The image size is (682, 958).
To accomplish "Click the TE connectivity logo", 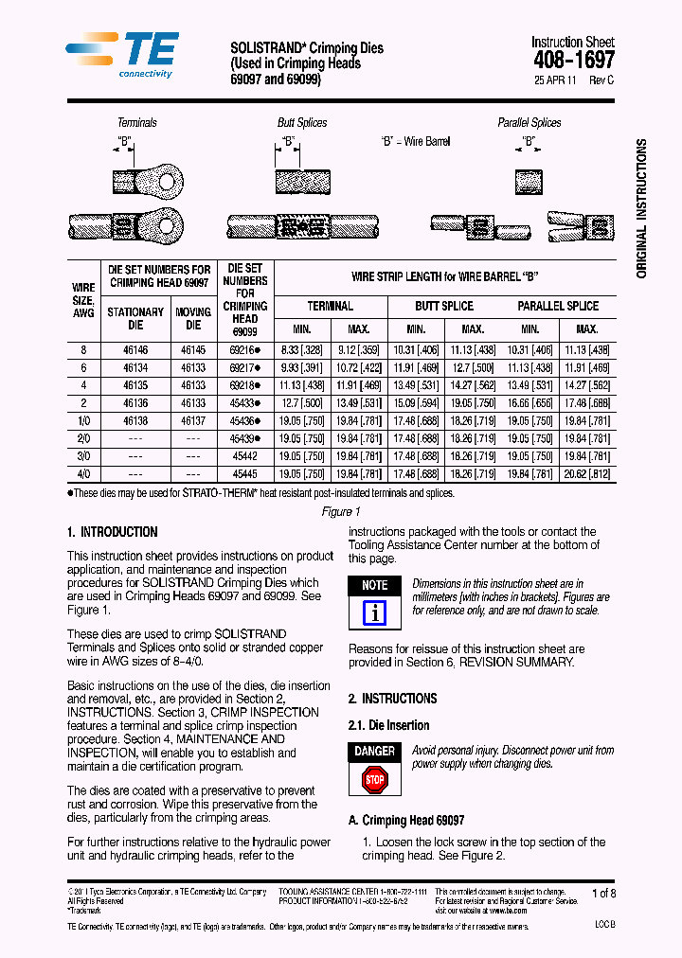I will pyautogui.click(x=120, y=55).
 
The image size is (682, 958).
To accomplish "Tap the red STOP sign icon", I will pyautogui.click(x=375, y=779).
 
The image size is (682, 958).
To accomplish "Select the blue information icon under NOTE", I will pyautogui.click(x=375, y=612).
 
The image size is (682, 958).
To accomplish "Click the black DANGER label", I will pyautogui.click(x=375, y=752).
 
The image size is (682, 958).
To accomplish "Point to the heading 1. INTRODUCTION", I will pyautogui.click(x=113, y=532).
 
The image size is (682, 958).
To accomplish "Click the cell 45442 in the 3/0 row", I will pyautogui.click(x=244, y=455).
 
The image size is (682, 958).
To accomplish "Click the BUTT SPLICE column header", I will pyautogui.click(x=444, y=307).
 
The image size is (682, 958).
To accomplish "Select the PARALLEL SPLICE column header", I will pyautogui.click(x=558, y=307).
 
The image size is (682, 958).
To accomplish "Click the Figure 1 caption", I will pyautogui.click(x=341, y=511).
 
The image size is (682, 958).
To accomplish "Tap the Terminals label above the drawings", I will pyautogui.click(x=137, y=123).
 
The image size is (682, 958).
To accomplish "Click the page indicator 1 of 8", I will pyautogui.click(x=603, y=893).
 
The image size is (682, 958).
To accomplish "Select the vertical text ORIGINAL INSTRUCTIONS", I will pyautogui.click(x=641, y=208).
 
